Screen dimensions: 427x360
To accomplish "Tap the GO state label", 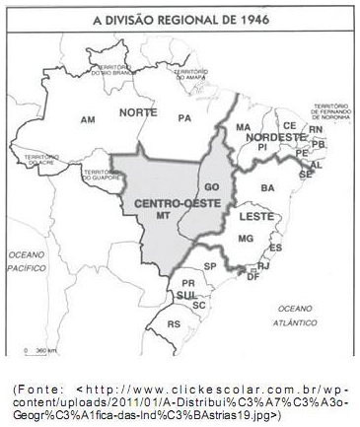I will (210, 185).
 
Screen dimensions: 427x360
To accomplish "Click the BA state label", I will (267, 186).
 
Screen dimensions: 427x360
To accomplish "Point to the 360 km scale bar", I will (40, 351).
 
